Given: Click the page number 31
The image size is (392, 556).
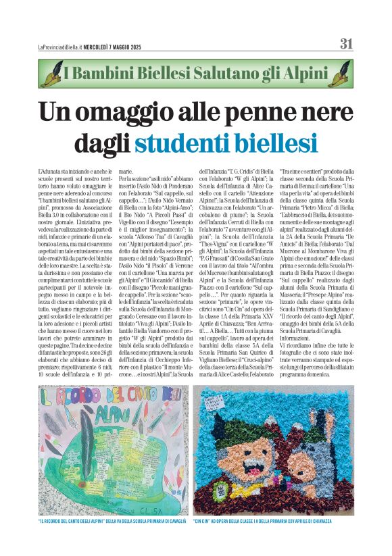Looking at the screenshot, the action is coord(346,44).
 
